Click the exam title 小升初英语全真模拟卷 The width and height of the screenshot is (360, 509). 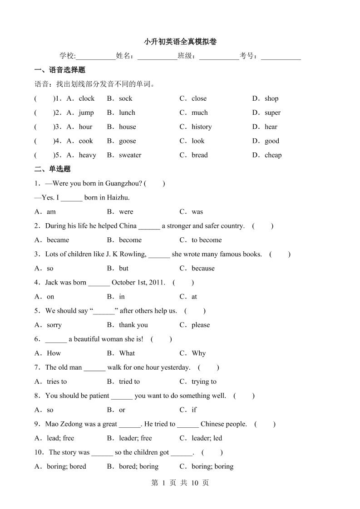(180, 42)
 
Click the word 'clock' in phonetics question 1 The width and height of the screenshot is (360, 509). (86, 98)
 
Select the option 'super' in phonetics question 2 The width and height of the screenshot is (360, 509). (272, 113)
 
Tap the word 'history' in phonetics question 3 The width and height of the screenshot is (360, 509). (201, 127)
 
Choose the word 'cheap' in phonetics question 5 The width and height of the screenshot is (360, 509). (273, 155)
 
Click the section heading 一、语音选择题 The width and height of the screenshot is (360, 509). (60, 70)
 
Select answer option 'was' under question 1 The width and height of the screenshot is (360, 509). (197, 212)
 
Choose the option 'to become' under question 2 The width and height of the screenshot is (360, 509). (207, 240)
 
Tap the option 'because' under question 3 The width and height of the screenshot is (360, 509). (203, 269)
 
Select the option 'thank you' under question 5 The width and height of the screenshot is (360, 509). (133, 325)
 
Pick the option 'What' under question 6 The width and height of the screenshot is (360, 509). (127, 353)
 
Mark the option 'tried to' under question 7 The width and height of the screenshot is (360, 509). (129, 382)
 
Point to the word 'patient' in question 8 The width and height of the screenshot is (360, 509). (99, 396)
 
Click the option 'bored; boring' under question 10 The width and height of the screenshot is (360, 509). (138, 466)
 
